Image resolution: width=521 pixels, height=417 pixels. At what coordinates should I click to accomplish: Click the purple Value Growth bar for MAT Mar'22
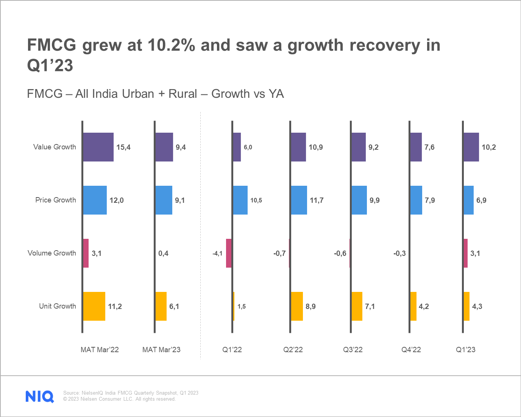(98, 147)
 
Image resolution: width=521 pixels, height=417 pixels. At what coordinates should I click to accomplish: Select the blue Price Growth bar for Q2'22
(299, 200)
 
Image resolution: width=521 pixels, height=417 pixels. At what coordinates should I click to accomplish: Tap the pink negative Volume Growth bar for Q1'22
(229, 253)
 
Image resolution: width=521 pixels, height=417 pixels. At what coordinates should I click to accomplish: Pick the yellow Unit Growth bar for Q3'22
(357, 306)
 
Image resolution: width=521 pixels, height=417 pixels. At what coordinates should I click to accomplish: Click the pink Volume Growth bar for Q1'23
(466, 253)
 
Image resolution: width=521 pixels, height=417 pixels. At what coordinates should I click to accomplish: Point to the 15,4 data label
(123, 147)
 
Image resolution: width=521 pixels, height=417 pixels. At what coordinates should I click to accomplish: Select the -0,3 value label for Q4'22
(399, 253)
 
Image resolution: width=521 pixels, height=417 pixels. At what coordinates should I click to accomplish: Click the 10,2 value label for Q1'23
(489, 147)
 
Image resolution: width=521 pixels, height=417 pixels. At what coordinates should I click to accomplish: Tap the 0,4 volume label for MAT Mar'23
(163, 253)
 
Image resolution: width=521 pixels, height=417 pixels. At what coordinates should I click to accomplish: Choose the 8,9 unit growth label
(310, 306)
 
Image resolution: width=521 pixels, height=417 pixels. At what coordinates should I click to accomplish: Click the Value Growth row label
(55, 147)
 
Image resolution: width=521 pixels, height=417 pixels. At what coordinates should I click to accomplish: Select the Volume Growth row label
(52, 253)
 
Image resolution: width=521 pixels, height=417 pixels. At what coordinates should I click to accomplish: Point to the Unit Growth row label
(58, 306)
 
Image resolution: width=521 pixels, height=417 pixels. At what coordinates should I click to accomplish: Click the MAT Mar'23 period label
(161, 350)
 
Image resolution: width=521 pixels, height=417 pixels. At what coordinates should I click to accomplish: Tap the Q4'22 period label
(411, 350)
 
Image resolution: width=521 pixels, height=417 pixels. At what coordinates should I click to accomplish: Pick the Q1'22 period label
(232, 350)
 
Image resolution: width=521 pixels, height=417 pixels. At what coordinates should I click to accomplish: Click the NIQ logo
(40, 396)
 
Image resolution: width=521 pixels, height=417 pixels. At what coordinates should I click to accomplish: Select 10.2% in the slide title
(171, 45)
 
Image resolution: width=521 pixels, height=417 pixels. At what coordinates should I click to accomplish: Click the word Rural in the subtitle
(183, 94)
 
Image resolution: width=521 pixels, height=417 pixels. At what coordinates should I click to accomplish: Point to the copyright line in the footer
(119, 399)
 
